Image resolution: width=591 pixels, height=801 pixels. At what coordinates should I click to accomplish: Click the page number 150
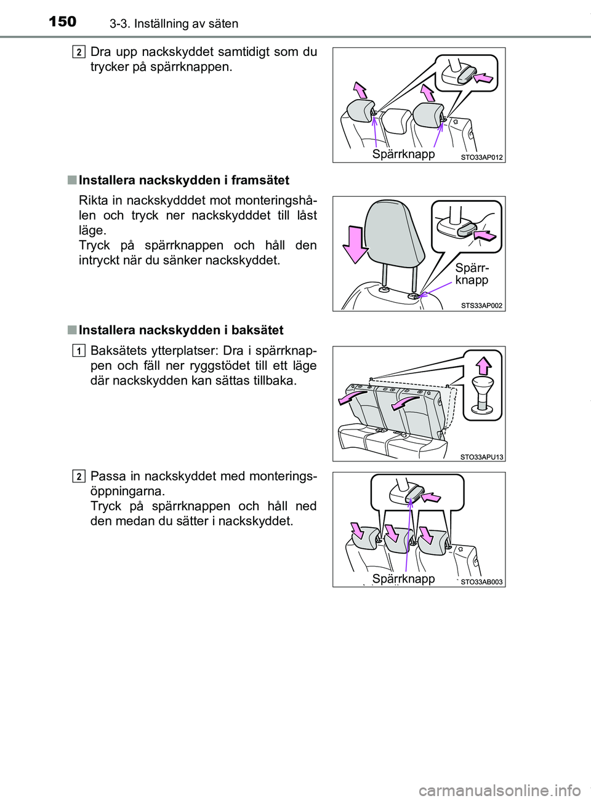(62, 22)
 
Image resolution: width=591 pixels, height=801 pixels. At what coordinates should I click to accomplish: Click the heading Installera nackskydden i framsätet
(184, 180)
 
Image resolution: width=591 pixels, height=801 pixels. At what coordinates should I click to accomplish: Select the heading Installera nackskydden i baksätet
(181, 330)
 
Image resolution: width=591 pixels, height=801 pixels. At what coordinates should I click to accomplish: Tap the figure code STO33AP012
(481, 157)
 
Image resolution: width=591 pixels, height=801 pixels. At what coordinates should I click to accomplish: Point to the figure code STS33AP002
(481, 305)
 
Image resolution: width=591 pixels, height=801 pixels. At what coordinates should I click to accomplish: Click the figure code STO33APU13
(481, 456)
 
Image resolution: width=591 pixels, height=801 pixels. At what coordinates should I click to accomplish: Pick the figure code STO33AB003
(481, 582)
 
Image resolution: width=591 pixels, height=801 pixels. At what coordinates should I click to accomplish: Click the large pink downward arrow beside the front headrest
(355, 245)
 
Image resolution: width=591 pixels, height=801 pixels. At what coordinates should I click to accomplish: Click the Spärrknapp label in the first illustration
(403, 154)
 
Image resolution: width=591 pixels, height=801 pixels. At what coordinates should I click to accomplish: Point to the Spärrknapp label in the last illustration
(403, 578)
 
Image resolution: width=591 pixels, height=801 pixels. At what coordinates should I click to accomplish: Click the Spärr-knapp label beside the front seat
(472, 274)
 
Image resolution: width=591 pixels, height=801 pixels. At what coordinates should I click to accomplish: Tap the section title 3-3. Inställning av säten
(174, 24)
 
